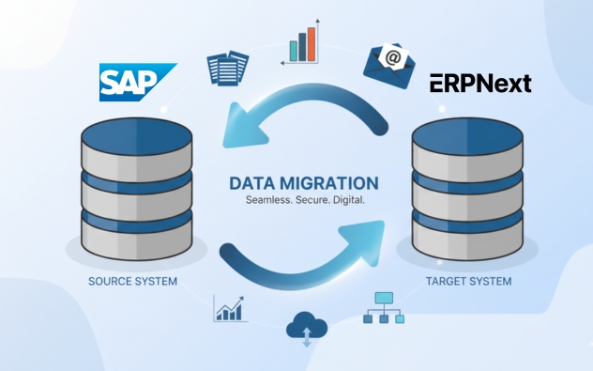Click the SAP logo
[137, 82]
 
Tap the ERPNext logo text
[480, 84]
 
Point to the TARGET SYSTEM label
[468, 281]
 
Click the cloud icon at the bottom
[307, 326]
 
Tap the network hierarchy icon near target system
[386, 307]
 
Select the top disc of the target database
[468, 141]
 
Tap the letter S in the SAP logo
[115, 83]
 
